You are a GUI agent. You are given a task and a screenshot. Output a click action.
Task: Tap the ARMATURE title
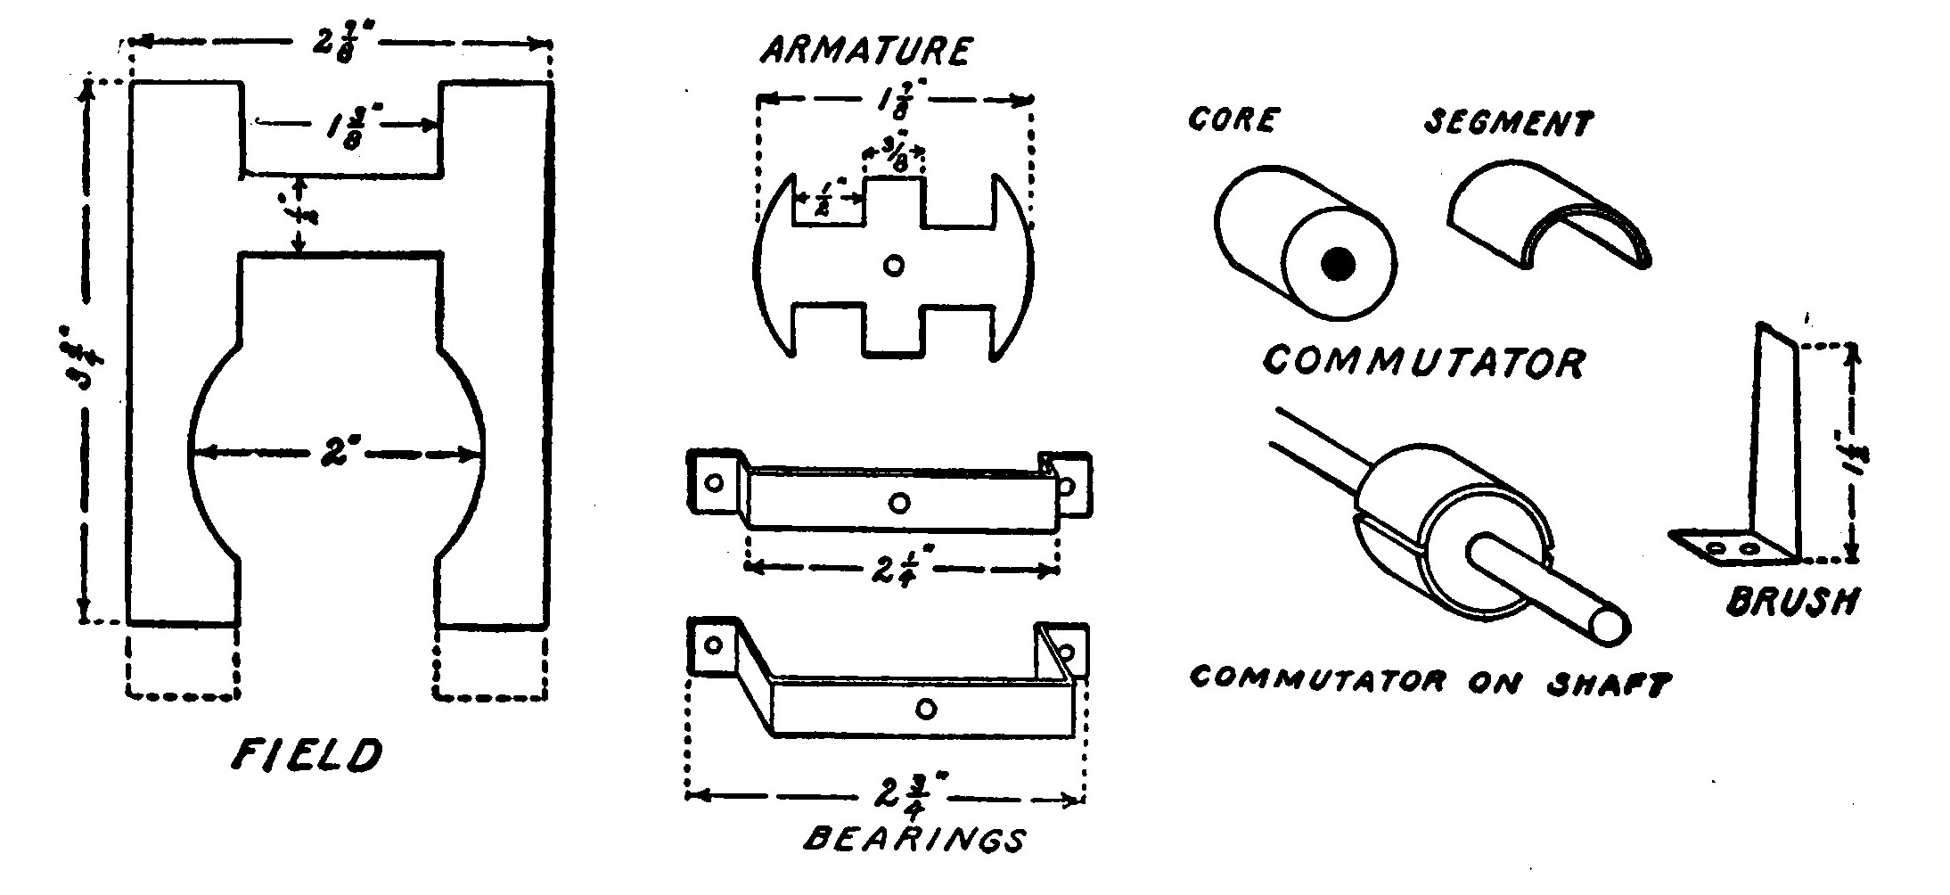(865, 51)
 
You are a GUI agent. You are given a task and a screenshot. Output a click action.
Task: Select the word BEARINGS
(914, 840)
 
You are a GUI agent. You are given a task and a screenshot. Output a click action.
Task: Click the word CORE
(1234, 119)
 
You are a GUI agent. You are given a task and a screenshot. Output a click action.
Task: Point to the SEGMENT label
(1508, 123)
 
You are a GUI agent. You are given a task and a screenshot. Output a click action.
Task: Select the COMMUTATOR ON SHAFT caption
(1430, 682)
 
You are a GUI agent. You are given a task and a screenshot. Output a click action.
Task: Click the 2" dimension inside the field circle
(339, 454)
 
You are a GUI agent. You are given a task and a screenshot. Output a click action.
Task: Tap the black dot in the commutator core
(1338, 265)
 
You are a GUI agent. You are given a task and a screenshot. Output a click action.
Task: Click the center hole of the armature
(893, 265)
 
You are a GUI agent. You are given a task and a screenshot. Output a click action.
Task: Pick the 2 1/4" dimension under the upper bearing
(900, 568)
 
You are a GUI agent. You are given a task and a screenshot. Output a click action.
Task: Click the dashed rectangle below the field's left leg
(183, 661)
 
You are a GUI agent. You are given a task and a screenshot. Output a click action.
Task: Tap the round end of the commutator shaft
(1610, 625)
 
